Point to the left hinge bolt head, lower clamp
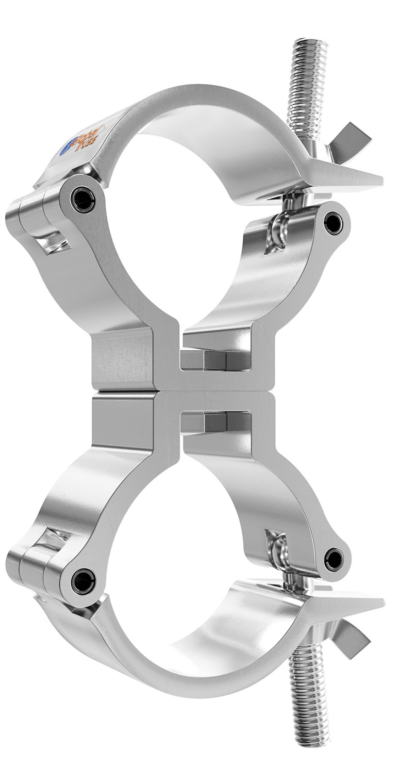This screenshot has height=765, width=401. tap(82, 581)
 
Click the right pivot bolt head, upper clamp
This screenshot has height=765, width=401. tap(333, 223)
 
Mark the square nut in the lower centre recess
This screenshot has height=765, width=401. tap(214, 422)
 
